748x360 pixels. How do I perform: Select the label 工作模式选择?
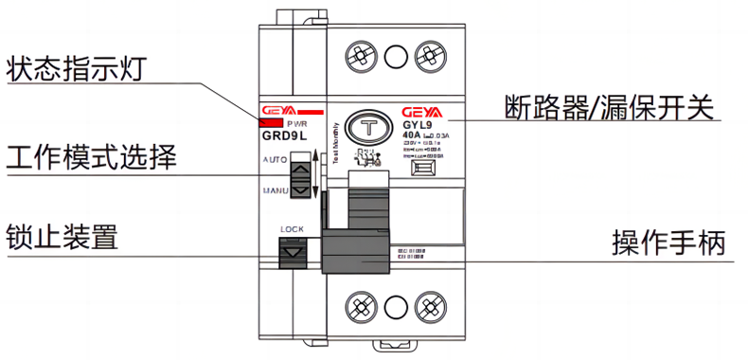coord(91,156)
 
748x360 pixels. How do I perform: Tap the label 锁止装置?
coord(62,237)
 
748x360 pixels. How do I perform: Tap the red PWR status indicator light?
coord(268,122)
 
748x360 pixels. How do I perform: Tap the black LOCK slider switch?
coord(294,255)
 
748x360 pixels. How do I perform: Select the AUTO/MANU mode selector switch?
coord(300,177)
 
